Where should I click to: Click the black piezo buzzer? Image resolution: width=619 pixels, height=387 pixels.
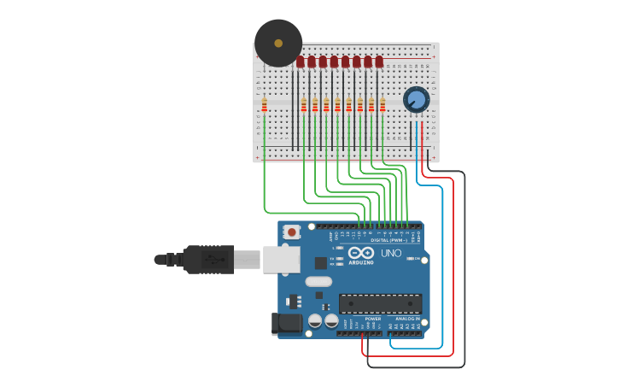(278, 43)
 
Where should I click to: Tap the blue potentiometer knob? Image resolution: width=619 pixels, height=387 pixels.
(416, 99)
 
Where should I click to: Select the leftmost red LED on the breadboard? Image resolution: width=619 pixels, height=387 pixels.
(301, 62)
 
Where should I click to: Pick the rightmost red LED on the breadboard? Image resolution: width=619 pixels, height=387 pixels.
(379, 62)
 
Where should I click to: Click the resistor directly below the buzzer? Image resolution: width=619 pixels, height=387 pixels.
(265, 105)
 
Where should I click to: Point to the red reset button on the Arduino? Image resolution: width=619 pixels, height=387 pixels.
(292, 232)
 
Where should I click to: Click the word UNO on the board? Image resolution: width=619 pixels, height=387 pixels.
(391, 254)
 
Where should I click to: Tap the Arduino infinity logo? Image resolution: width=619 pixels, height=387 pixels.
(360, 253)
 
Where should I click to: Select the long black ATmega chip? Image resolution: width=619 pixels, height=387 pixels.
(380, 303)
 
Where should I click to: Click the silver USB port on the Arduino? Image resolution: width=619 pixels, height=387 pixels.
(281, 259)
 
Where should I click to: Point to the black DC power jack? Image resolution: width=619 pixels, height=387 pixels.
(286, 323)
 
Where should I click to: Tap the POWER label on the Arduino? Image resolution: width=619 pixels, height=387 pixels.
(373, 319)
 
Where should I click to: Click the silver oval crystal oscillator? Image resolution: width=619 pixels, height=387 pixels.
(318, 281)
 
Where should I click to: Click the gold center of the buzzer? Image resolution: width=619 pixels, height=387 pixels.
(278, 43)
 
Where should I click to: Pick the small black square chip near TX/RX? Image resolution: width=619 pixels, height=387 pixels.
(321, 263)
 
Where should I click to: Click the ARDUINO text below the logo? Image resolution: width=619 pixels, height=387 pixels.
(360, 262)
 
